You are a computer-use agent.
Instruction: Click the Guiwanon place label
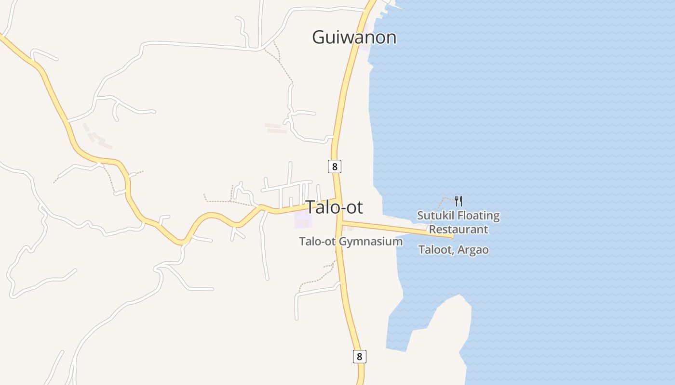tap(354, 37)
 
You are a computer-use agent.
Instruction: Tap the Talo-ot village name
tap(334, 207)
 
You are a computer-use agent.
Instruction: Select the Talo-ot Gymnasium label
tap(351, 241)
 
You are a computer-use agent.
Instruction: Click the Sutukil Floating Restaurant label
tap(458, 222)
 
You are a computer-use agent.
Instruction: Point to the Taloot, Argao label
tap(453, 250)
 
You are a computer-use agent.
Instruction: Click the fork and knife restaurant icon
tap(459, 201)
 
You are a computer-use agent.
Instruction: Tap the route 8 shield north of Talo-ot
tap(334, 167)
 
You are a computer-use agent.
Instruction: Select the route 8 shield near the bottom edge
tap(359, 357)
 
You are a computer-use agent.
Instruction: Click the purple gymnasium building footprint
tap(303, 221)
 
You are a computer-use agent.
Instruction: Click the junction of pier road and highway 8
tap(341, 222)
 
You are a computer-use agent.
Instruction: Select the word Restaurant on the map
tap(459, 229)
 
